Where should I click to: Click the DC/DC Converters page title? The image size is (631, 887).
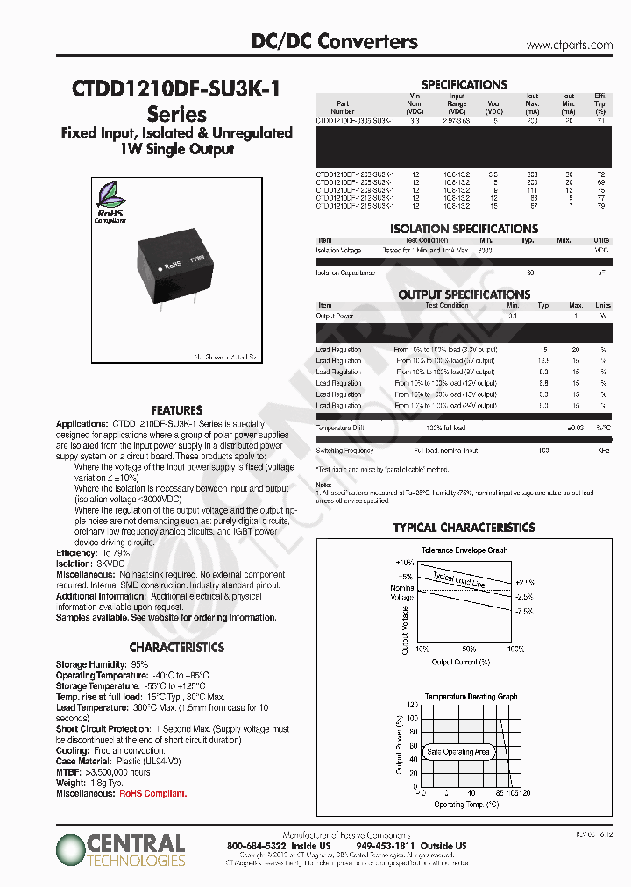coord(334,41)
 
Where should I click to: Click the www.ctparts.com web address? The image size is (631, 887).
coord(569,44)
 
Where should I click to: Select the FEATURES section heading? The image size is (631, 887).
coord(176,409)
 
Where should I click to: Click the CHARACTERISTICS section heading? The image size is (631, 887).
coord(176,647)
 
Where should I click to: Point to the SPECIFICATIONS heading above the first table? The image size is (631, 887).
coord(464,85)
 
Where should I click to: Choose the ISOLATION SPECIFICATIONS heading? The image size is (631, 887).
coord(464,229)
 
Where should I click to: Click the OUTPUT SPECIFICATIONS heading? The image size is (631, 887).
coord(464,294)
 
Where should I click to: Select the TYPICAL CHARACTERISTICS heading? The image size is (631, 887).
coord(464,528)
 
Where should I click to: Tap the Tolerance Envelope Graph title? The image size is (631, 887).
coord(464,550)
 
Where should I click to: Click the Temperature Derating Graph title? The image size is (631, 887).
coord(471,696)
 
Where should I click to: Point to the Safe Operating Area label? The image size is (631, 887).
coord(457,752)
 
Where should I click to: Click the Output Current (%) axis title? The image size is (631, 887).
coord(460,662)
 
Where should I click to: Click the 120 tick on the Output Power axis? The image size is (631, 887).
coord(413,705)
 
